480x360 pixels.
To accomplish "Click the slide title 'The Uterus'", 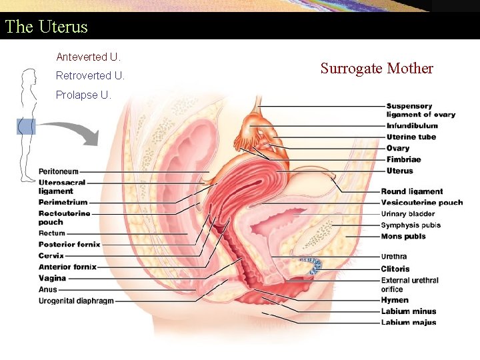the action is pyautogui.click(x=46, y=27).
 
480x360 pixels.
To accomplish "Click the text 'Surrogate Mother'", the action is pyautogui.click(x=377, y=68).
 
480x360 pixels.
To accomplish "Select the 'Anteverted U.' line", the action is pyautogui.click(x=88, y=57).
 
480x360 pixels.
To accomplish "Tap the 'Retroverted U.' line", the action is pyautogui.click(x=90, y=75).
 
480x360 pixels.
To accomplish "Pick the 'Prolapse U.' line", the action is pyautogui.click(x=83, y=95).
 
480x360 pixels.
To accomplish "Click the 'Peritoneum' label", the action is pyautogui.click(x=59, y=171).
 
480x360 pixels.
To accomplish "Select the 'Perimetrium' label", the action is pyautogui.click(x=63, y=202).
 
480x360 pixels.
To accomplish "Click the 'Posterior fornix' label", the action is pyautogui.click(x=69, y=244).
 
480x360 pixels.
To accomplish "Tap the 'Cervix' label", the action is pyautogui.click(x=51, y=255).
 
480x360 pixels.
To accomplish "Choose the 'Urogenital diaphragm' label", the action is pyautogui.click(x=77, y=301).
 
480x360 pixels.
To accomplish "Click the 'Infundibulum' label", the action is pyautogui.click(x=412, y=125).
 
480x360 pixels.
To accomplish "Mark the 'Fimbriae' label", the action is pyautogui.click(x=403, y=159).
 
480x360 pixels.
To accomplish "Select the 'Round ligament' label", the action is pyautogui.click(x=412, y=191).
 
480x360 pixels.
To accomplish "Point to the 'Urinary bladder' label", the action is pyautogui.click(x=408, y=214).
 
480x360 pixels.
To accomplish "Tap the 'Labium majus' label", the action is pyautogui.click(x=409, y=323).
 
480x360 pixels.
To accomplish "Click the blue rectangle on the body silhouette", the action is pyautogui.click(x=26, y=127).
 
